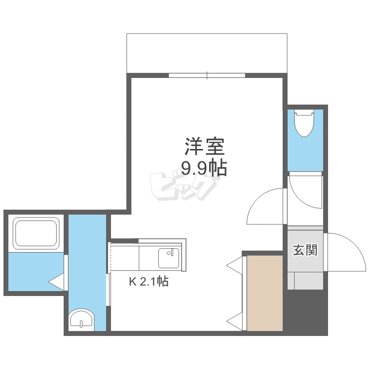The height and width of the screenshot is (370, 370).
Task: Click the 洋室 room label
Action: pyautogui.click(x=205, y=146)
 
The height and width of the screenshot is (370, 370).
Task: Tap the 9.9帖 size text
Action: pyautogui.click(x=204, y=169)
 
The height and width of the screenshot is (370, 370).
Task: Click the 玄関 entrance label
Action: pyautogui.click(x=305, y=250)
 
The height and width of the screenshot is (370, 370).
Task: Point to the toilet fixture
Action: pyautogui.click(x=304, y=123)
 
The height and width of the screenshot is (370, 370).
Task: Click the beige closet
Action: pyautogui.click(x=264, y=293)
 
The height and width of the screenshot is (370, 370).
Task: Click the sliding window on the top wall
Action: pyautogui.click(x=207, y=75)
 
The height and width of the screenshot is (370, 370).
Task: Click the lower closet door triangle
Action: pyautogui.click(x=235, y=321)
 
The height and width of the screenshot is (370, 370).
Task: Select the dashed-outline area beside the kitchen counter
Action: pyautogui.click(x=124, y=257)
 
